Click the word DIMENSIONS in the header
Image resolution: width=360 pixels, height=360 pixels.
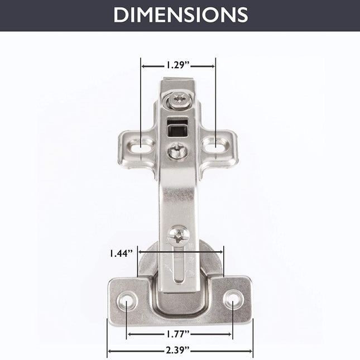[181, 15]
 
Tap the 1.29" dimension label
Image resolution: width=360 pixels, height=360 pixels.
[177, 65]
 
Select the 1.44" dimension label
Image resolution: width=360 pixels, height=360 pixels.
[121, 253]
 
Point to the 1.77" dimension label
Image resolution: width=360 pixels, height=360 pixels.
[177, 334]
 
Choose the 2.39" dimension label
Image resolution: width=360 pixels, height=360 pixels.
[177, 351]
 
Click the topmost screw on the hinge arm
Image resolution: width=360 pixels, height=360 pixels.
[180, 100]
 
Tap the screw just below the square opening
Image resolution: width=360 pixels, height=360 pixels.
[179, 151]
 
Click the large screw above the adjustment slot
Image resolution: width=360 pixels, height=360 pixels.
[179, 236]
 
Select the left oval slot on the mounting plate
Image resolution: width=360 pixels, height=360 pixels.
[140, 147]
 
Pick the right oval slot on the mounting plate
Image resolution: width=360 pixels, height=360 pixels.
[215, 145]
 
